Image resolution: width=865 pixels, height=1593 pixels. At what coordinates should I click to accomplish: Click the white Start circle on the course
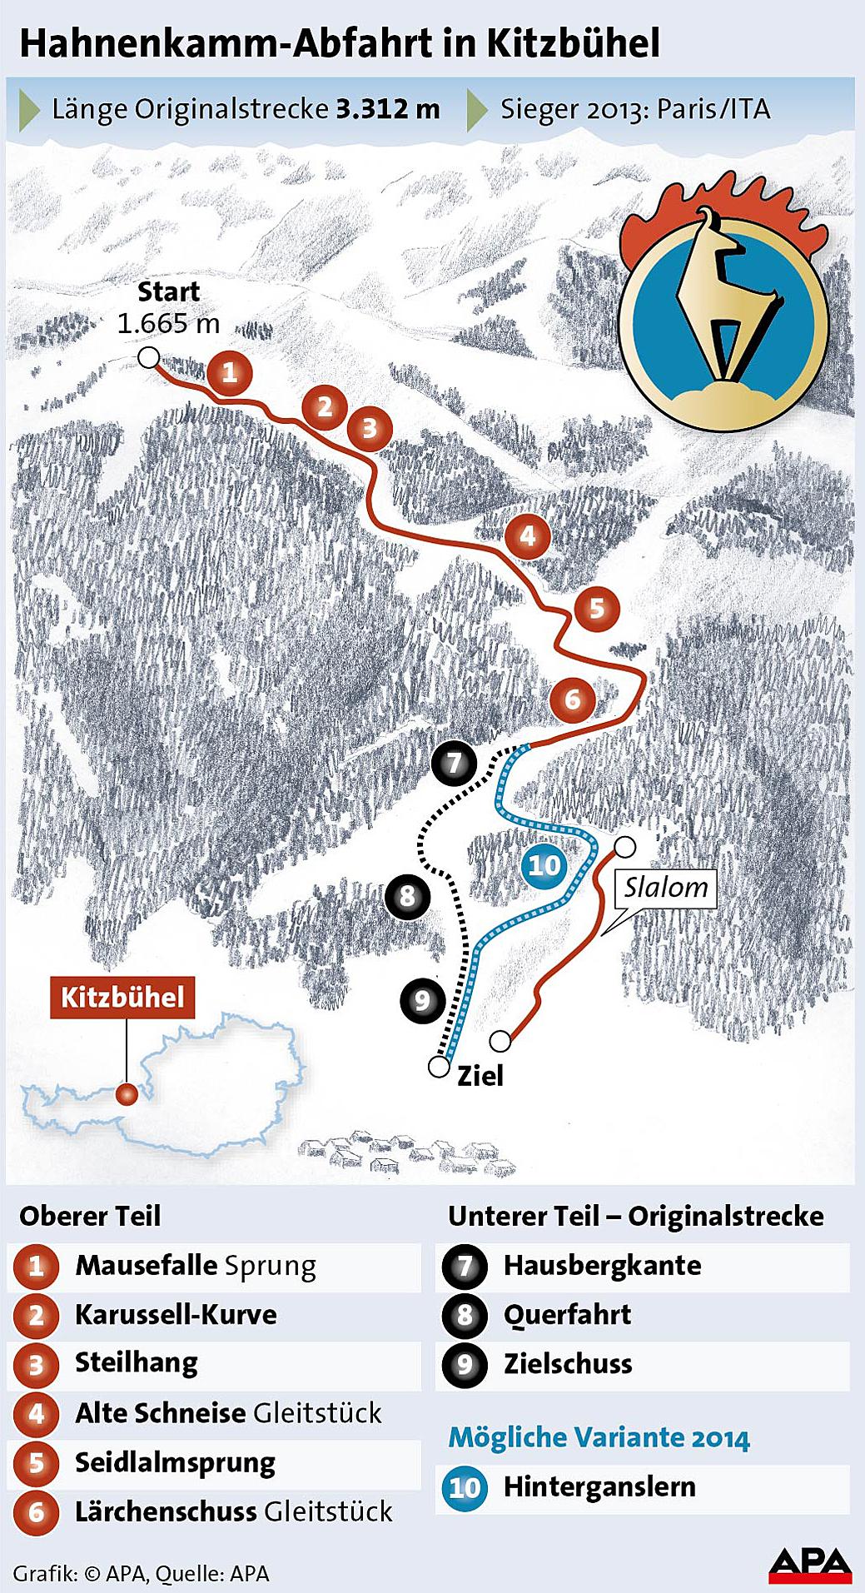(x=148, y=358)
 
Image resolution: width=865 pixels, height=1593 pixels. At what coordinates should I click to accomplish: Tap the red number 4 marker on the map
(x=528, y=536)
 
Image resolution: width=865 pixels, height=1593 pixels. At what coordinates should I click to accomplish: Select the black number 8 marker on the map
(x=407, y=897)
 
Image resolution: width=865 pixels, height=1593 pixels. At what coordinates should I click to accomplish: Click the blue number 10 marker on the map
(x=544, y=866)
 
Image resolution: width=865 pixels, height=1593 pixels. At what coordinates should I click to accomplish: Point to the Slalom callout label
(x=666, y=888)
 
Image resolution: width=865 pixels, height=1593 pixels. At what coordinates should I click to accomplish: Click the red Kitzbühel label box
(x=122, y=997)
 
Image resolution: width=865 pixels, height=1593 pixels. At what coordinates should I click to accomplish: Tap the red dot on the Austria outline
(x=127, y=1094)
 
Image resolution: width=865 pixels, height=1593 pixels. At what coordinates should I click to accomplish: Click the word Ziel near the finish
(x=480, y=1076)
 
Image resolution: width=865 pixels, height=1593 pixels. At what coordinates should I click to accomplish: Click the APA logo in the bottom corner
(x=809, y=1565)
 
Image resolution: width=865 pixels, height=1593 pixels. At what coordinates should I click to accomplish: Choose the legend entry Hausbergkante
(x=602, y=1266)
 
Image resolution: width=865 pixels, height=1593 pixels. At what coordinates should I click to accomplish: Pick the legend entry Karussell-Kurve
(x=176, y=1315)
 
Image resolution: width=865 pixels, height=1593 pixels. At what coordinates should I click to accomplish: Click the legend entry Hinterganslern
(x=599, y=1486)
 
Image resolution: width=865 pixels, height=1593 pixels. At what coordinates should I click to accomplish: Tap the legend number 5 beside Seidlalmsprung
(x=37, y=1463)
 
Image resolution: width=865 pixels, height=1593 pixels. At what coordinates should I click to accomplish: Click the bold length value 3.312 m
(x=388, y=109)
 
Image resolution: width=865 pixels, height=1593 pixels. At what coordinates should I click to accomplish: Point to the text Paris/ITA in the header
(x=713, y=109)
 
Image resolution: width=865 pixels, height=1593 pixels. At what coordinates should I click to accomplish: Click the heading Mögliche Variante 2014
(x=599, y=1438)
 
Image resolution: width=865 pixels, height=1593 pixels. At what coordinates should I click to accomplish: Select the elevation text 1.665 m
(x=168, y=323)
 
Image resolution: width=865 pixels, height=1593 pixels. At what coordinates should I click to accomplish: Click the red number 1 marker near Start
(x=230, y=372)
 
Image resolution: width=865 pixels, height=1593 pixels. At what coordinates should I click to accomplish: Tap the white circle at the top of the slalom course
(x=624, y=848)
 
